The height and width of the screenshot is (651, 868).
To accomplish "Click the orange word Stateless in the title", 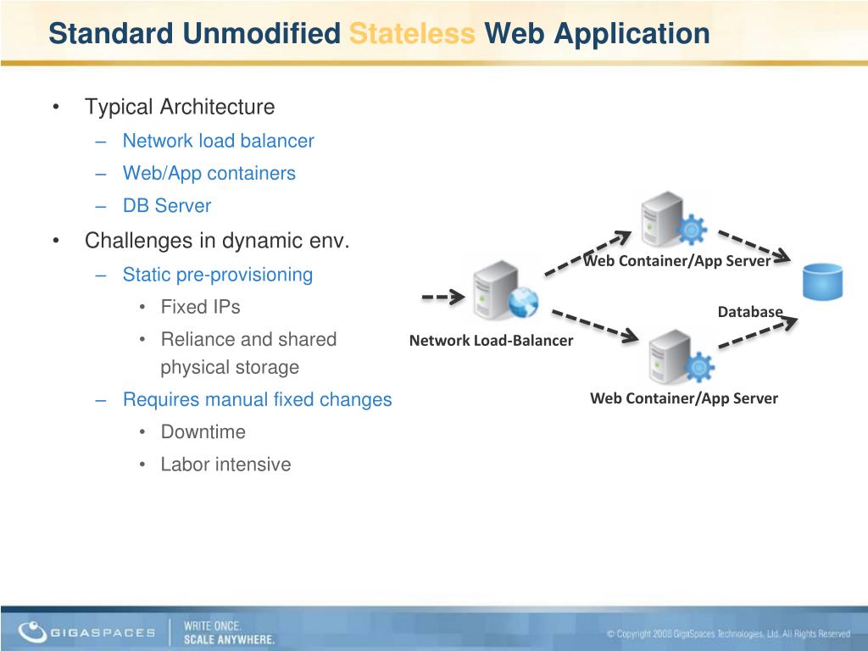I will [x=412, y=34].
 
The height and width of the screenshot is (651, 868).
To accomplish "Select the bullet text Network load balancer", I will [x=218, y=141].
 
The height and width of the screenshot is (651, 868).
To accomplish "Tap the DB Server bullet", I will [x=166, y=205].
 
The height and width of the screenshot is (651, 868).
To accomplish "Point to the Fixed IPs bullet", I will [x=200, y=307].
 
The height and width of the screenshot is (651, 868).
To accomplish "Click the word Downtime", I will [x=203, y=431].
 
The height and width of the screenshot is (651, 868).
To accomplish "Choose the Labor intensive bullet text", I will [x=225, y=465].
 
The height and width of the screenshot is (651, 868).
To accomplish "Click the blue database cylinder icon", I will [x=821, y=281].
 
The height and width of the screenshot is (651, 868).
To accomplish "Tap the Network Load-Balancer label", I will [x=491, y=341].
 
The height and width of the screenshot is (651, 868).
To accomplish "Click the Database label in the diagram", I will [x=749, y=312].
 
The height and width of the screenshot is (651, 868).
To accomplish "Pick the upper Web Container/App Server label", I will [x=676, y=261].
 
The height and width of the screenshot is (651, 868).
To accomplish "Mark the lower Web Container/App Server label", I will [x=683, y=398].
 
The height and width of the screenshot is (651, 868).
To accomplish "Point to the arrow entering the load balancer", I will [x=443, y=297].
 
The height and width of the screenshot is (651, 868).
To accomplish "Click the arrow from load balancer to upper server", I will [x=587, y=252].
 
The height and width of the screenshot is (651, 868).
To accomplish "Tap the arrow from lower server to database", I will [x=758, y=331].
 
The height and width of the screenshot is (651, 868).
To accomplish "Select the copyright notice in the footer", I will [x=727, y=634].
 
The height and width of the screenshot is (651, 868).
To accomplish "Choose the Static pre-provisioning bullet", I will [x=217, y=275].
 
